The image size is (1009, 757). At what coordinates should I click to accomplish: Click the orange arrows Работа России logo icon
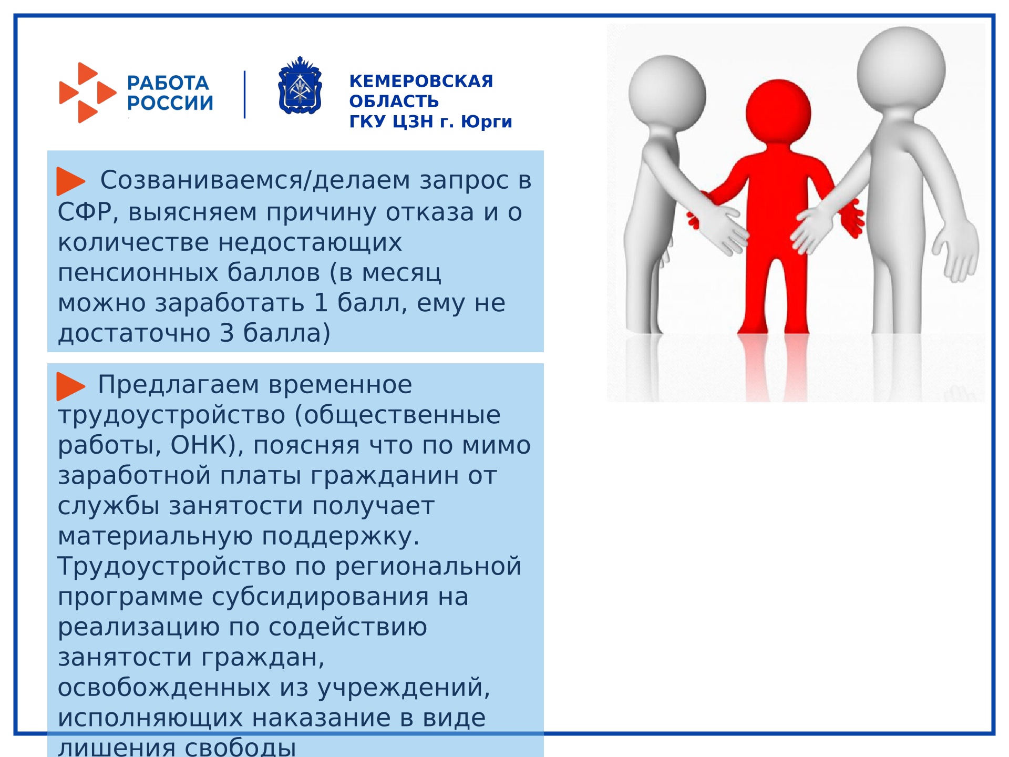click(x=87, y=93)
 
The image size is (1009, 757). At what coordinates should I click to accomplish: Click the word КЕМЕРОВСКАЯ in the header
click(x=421, y=81)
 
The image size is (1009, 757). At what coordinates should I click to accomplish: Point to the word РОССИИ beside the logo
click(x=170, y=103)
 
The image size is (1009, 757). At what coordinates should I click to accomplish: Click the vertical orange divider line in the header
click(x=244, y=95)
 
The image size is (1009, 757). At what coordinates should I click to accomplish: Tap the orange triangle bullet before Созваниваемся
click(x=70, y=181)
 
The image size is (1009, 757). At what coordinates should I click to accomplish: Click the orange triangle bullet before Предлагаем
click(x=70, y=386)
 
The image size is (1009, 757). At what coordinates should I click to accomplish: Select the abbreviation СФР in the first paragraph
click(x=84, y=212)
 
